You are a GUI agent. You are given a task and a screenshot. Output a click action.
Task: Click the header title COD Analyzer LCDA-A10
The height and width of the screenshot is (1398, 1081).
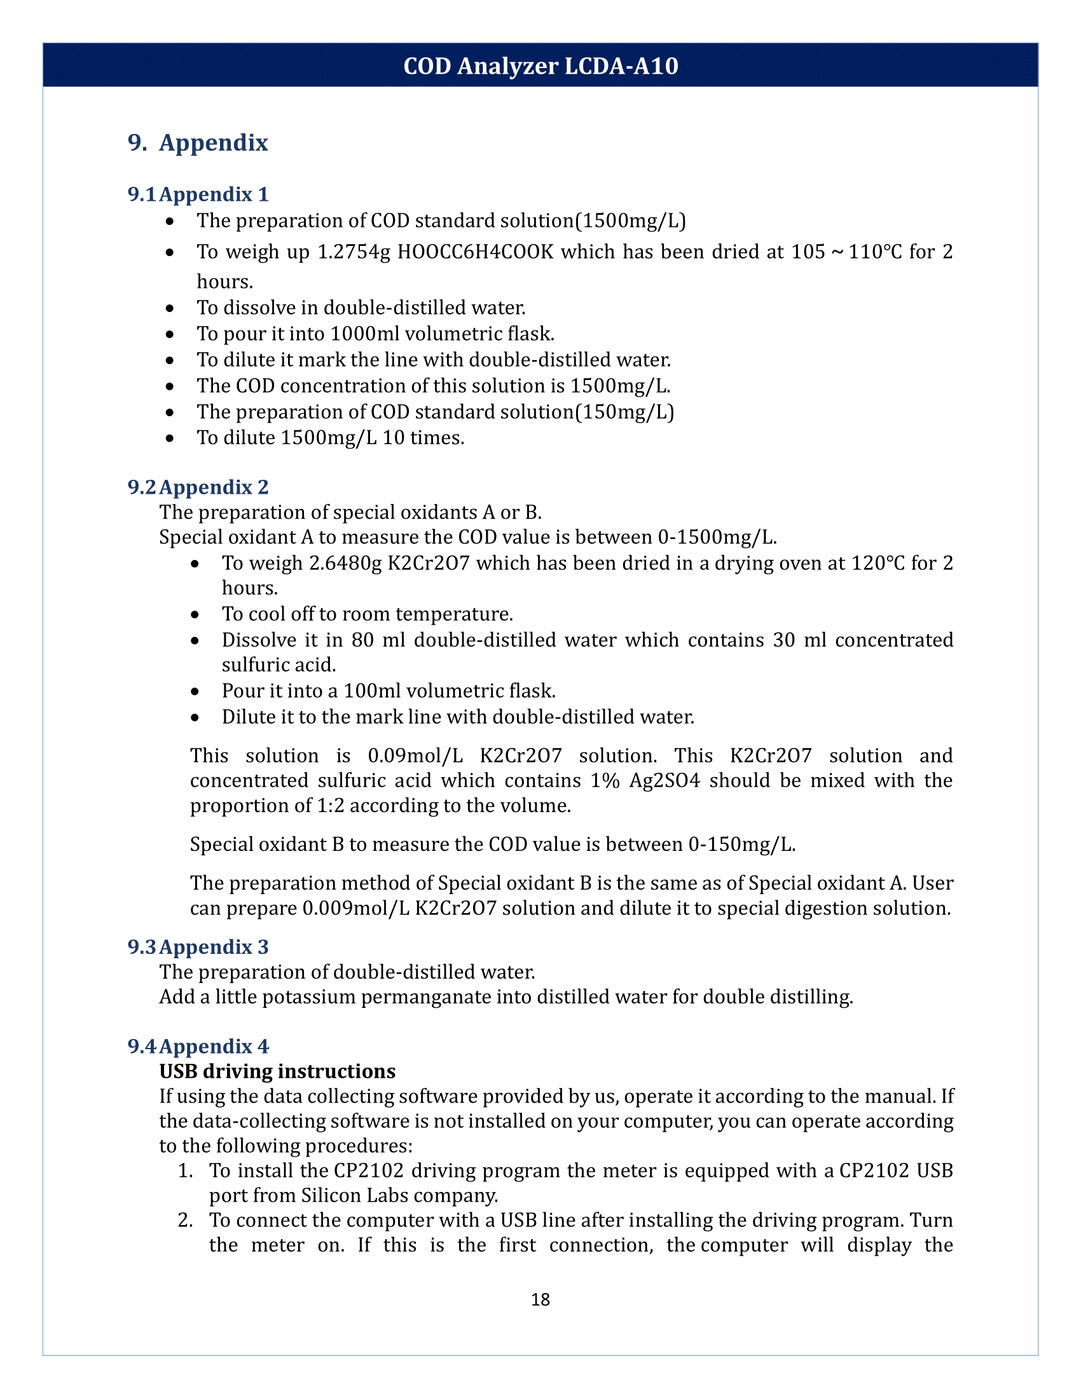pos(540,66)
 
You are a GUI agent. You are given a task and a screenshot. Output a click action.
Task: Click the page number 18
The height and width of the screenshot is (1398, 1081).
pos(540,1300)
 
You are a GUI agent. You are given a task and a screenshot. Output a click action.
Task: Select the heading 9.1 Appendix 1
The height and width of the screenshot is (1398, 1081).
pos(198,194)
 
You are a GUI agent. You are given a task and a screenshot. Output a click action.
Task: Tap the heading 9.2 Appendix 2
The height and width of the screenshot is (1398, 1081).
pos(198,487)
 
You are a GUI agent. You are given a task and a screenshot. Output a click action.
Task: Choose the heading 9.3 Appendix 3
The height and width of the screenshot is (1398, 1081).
pos(198,947)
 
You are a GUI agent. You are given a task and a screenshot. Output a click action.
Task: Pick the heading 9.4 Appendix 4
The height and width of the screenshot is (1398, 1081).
pos(198,1046)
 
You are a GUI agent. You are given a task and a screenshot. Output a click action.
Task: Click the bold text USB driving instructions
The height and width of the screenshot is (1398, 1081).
pos(277,1071)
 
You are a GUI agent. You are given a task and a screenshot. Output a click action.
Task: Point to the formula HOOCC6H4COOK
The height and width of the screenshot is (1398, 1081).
pos(475,252)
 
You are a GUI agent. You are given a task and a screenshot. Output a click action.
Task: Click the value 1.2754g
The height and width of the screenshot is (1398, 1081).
pos(354,252)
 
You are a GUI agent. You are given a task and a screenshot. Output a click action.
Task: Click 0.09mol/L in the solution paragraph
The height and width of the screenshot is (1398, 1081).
pos(415,756)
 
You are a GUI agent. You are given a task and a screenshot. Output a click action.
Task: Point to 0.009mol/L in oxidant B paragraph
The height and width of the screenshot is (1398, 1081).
pos(355,908)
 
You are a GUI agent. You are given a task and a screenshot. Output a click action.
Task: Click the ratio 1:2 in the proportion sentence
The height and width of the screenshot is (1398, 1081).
pos(331,805)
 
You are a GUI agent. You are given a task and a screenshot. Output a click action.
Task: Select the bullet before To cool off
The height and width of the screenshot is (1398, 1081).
pos(195,614)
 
